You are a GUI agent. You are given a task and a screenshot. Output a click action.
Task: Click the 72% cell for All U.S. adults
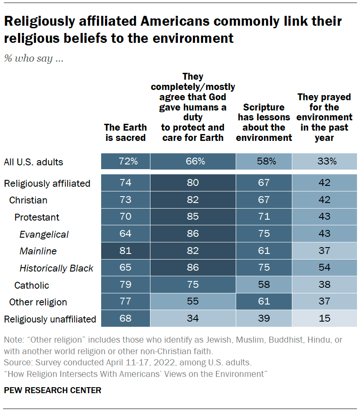(126, 161)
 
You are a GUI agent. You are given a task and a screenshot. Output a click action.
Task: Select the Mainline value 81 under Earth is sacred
(126, 251)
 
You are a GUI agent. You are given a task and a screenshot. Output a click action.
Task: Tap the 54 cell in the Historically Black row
(324, 268)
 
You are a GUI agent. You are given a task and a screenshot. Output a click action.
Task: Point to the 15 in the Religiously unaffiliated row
(324, 319)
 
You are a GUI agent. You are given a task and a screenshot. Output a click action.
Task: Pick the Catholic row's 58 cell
(264, 285)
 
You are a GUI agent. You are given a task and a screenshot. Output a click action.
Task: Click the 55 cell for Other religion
(193, 302)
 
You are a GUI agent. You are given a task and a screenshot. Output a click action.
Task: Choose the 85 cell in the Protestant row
(193, 217)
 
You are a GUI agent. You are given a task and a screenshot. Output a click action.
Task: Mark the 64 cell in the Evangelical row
(126, 234)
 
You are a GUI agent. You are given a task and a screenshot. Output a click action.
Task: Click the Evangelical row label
(44, 234)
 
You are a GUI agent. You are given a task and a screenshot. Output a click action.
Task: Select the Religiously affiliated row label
(47, 183)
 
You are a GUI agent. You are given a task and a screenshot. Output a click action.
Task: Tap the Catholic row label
(32, 285)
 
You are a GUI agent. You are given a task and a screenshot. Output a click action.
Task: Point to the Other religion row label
(38, 302)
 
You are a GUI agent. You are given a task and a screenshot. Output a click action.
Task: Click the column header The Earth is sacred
(125, 132)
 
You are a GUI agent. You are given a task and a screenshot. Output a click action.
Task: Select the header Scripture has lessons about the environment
(264, 122)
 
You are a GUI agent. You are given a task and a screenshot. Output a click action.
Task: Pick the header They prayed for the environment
(324, 117)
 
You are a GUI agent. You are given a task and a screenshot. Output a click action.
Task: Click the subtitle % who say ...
(34, 59)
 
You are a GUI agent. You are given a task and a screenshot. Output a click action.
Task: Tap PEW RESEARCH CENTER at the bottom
(53, 390)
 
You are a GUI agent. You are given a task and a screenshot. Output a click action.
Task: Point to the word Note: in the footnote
(14, 340)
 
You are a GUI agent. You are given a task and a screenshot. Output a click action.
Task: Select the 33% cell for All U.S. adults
(324, 161)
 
